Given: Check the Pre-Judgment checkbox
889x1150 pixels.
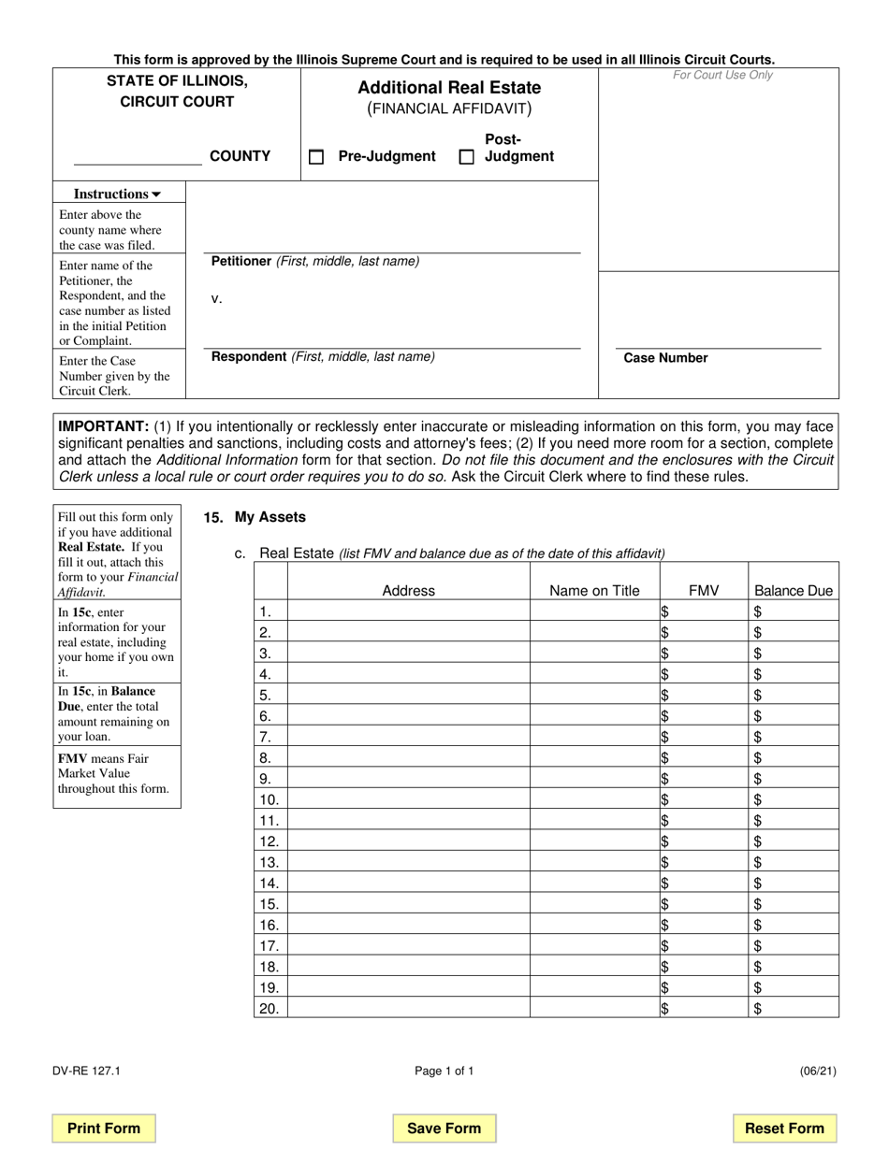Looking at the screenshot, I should (316, 157).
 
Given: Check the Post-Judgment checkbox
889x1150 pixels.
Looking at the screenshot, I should (466, 157).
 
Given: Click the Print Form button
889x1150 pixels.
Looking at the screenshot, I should (104, 1128).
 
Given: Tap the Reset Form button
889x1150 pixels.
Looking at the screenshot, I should (784, 1128).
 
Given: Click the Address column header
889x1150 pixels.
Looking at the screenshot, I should (408, 590).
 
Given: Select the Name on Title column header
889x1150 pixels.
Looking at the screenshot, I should (594, 590).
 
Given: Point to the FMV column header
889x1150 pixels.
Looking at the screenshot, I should (703, 590).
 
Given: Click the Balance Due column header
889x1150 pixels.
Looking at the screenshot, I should (794, 590).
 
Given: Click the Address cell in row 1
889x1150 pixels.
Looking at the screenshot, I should (408, 611).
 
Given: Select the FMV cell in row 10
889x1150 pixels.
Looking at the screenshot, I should (703, 799).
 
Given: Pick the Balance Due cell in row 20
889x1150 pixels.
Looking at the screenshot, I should (794, 1008).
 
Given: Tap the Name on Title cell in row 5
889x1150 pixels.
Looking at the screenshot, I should (594, 695).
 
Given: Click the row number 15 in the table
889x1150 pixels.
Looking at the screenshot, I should (270, 904).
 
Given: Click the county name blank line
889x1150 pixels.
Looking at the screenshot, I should (137, 157).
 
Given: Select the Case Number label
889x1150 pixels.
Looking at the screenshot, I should (665, 358).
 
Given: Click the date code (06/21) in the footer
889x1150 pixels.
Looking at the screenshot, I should (818, 1071).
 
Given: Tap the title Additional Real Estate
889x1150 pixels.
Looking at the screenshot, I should (449, 88).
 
